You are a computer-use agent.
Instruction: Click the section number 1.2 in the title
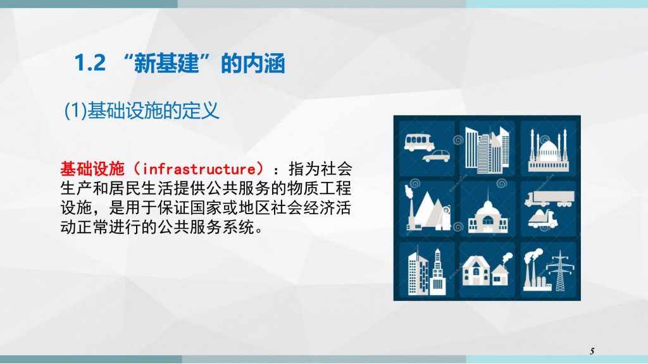pos(90,64)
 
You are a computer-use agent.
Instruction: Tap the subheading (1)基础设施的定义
pos(142,111)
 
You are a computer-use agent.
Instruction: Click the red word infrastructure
pos(199,168)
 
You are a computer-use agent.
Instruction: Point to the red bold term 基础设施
pos(92,168)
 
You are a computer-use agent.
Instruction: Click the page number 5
pos(592,351)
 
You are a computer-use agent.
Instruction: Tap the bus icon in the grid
pos(420,142)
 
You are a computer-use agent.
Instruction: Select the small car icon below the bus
pos(436,156)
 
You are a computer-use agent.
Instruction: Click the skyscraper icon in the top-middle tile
pos(487,149)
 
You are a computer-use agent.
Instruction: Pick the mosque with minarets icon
pos(549,150)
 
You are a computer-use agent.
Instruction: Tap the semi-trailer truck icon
pos(549,199)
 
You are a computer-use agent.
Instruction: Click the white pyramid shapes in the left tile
pos(430,210)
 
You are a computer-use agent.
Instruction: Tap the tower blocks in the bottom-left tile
pos(427,272)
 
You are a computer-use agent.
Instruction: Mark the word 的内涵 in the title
pos(253,64)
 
